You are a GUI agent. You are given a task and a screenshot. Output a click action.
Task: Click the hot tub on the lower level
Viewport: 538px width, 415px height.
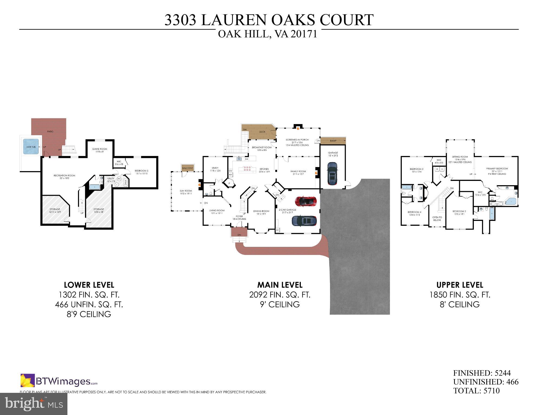pos(31,147)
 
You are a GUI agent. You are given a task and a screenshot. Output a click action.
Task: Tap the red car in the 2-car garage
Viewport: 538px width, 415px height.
pos(306,201)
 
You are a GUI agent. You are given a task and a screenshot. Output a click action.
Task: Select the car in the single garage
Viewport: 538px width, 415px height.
pos(332,173)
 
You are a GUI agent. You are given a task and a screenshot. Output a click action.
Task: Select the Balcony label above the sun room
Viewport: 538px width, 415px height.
pos(188,168)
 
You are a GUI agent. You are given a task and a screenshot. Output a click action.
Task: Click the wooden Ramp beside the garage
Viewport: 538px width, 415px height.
pos(333,141)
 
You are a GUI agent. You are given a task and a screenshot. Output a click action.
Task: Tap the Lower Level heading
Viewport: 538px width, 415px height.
pos(89,285)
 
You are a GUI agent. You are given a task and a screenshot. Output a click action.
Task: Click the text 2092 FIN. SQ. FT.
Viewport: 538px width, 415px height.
pos(280,295)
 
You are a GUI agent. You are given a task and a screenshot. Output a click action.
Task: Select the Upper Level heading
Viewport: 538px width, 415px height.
pos(459,285)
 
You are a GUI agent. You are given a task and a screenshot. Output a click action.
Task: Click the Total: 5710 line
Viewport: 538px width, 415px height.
pos(476,391)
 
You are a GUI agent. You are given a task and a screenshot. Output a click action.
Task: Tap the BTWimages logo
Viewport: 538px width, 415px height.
pos(59,381)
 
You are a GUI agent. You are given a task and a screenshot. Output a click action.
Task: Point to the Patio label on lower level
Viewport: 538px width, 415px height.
pos(50,131)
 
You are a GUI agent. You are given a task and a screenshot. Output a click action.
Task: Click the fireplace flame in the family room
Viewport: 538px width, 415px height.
pos(316,172)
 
